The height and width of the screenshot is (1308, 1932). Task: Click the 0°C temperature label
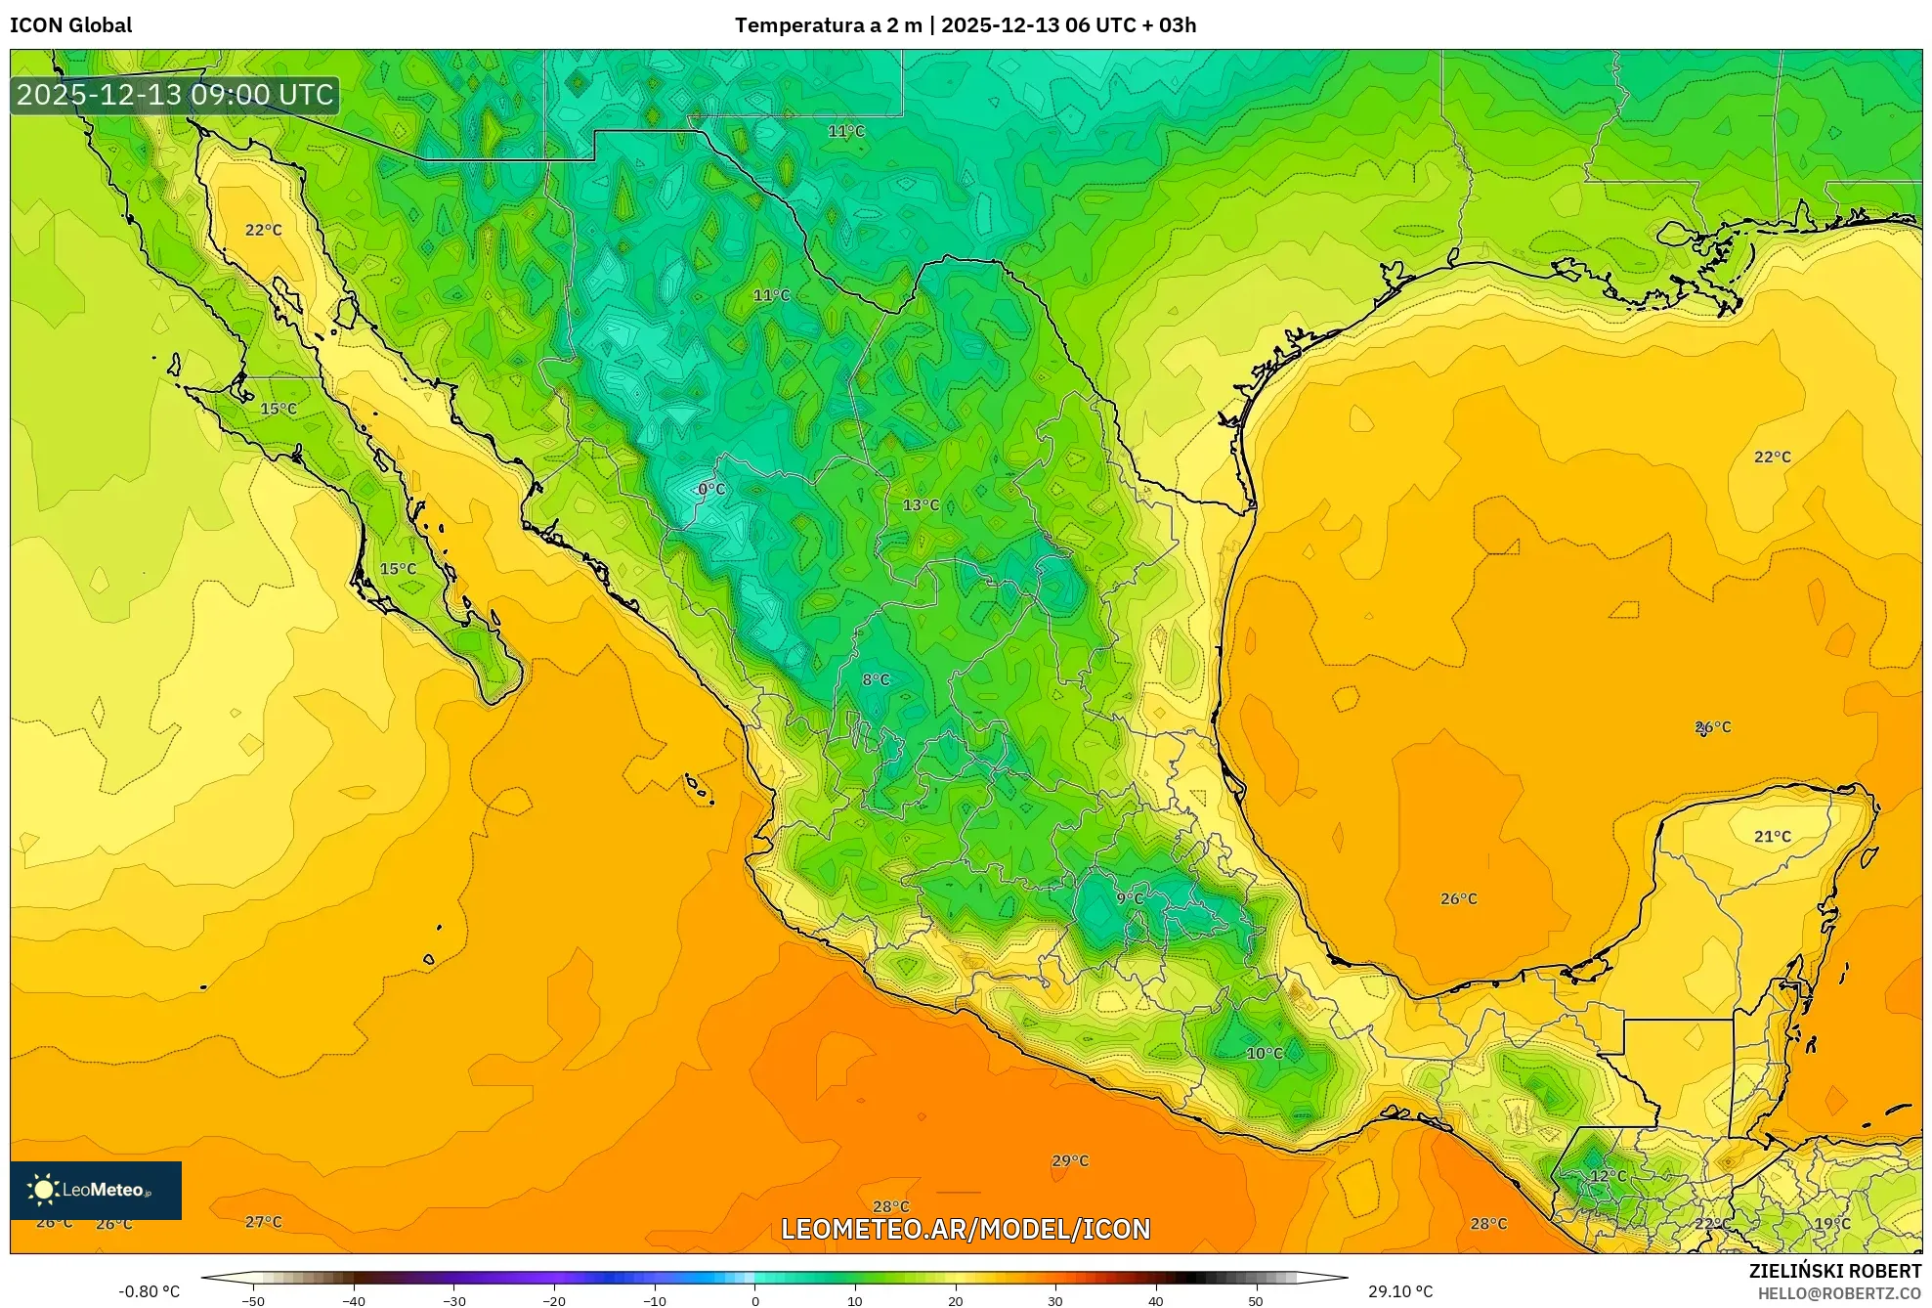[x=711, y=489]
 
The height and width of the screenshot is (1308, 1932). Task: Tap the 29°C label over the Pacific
[x=1070, y=1160]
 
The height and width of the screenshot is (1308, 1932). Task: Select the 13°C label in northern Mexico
[x=921, y=504]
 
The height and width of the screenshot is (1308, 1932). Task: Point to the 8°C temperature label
[x=876, y=679]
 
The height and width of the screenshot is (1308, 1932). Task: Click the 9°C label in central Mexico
[x=1130, y=898]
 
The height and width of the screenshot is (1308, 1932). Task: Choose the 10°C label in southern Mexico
[x=1265, y=1053]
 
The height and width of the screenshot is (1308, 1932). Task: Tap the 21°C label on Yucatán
[x=1772, y=836]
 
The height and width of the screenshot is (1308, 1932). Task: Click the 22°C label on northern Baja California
[x=263, y=230]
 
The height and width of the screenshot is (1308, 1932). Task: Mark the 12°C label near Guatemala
[x=1608, y=1175]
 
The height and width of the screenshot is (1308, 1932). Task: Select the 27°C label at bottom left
[x=263, y=1221]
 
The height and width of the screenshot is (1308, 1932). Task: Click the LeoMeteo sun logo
[x=44, y=1190]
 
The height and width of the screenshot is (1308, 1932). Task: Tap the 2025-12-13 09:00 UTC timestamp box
[x=175, y=95]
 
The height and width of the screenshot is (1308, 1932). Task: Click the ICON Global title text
[x=70, y=24]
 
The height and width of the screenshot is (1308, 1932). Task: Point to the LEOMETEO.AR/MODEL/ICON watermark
[x=966, y=1229]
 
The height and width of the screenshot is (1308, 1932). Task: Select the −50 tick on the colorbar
[x=253, y=1300]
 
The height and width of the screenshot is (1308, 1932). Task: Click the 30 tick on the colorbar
[x=1054, y=1300]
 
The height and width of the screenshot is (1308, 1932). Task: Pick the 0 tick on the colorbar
[x=754, y=1300]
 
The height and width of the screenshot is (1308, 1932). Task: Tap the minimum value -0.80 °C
[x=149, y=1291]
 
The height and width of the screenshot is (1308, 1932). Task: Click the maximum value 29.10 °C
[x=1400, y=1291]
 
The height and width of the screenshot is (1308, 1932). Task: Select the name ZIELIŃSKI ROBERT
[x=1834, y=1271]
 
